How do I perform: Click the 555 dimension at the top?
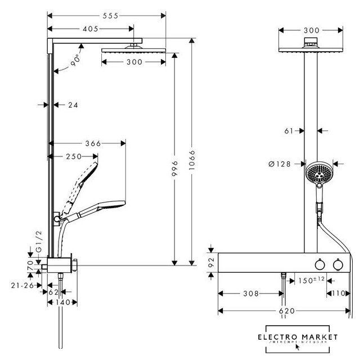(x=110, y=17)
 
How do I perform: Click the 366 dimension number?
(x=93, y=143)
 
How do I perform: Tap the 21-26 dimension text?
(x=20, y=285)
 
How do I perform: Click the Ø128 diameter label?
(x=280, y=164)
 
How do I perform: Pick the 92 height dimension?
(x=211, y=262)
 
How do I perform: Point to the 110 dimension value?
(x=338, y=294)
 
